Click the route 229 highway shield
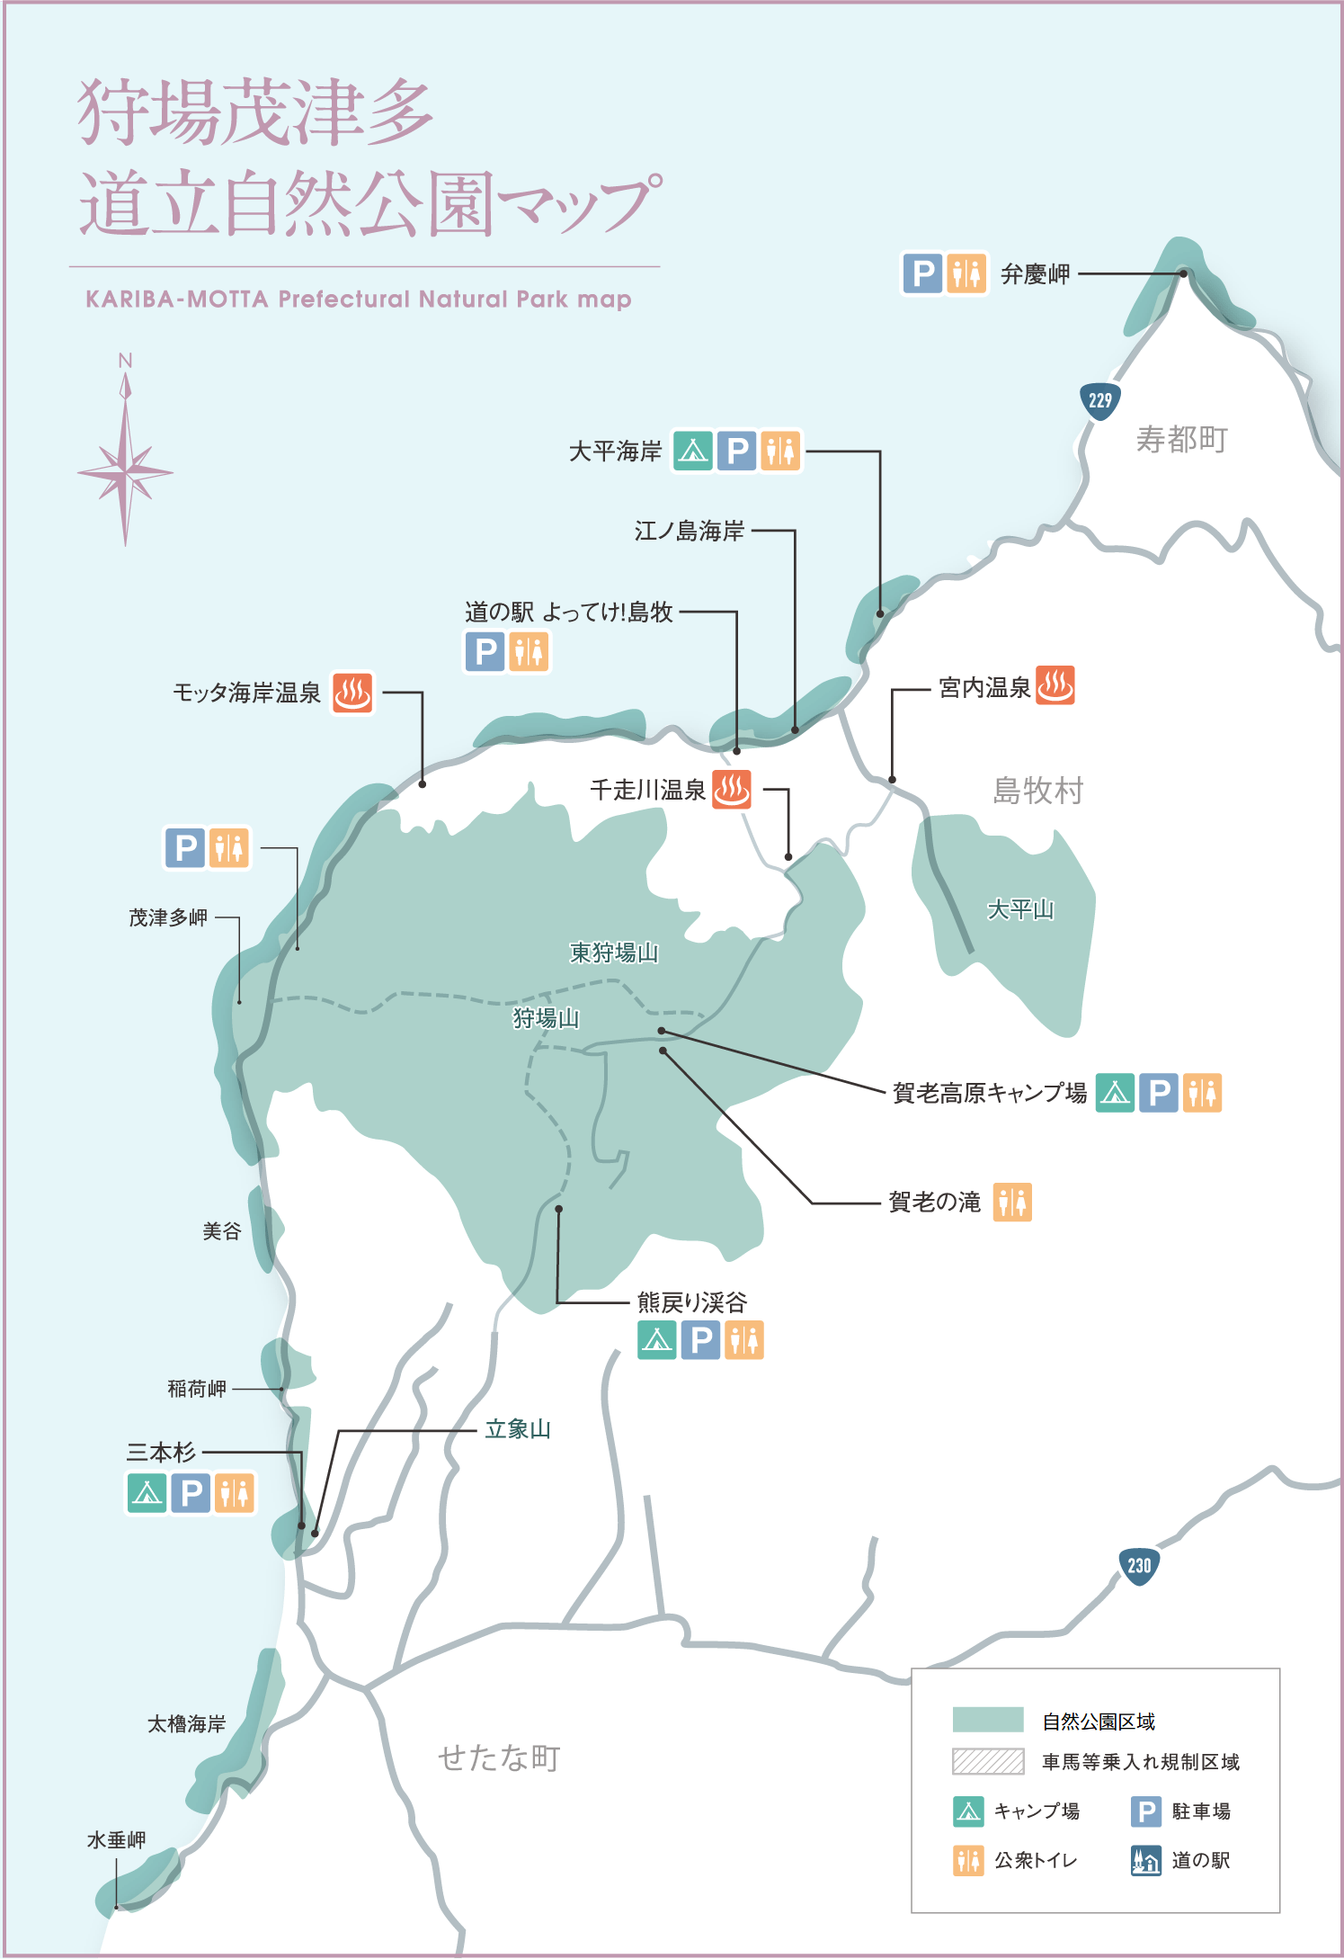click(1099, 400)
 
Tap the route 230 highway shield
click(1139, 1565)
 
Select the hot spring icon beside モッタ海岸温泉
click(352, 693)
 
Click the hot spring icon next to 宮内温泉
click(1055, 686)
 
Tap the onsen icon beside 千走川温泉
click(732, 790)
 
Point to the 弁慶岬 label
click(1036, 274)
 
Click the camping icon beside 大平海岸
click(693, 451)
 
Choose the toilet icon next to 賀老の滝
click(1012, 1202)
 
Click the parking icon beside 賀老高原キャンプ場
click(1159, 1093)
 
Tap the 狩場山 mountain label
click(546, 1018)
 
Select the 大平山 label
click(1020, 909)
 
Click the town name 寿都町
click(1181, 440)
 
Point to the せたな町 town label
click(500, 1758)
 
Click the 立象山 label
click(518, 1429)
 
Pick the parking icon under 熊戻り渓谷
click(700, 1340)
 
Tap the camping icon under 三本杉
click(147, 1493)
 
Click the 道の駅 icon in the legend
click(1145, 1860)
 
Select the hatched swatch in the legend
click(988, 1761)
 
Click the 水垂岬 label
click(116, 1840)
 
